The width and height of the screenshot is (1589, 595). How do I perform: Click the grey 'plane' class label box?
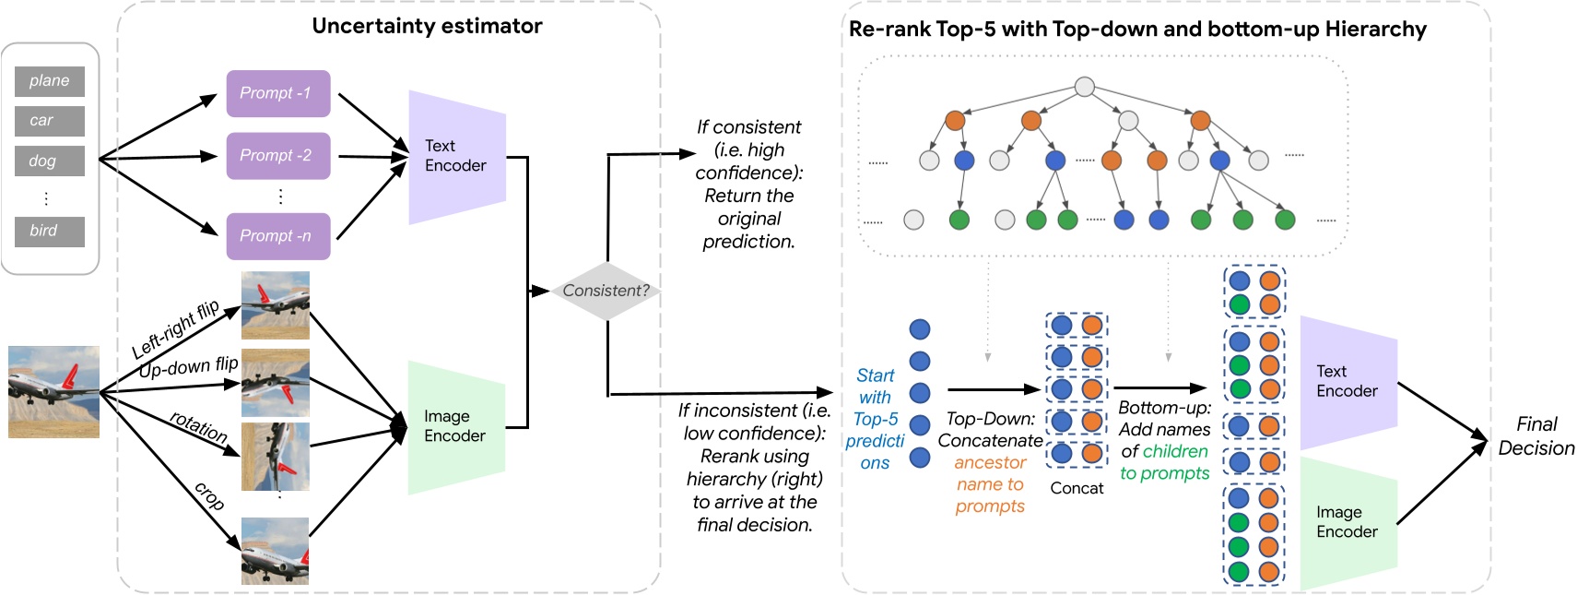click(x=50, y=81)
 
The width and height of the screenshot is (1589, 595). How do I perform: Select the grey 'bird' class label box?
click(x=50, y=232)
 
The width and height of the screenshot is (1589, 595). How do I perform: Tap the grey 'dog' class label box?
click(x=50, y=161)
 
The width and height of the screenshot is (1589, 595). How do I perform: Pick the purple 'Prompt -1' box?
click(x=277, y=93)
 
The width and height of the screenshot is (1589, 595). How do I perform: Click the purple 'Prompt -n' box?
click(x=277, y=236)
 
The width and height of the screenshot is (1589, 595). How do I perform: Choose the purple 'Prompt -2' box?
click(x=277, y=156)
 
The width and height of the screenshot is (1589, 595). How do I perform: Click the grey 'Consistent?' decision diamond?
click(x=606, y=291)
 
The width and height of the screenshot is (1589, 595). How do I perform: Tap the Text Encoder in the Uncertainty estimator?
click(x=456, y=157)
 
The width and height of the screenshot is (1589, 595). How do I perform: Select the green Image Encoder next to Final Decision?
click(x=1348, y=523)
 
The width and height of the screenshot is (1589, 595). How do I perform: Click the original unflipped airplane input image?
click(x=53, y=391)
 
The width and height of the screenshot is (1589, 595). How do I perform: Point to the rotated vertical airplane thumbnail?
click(x=275, y=457)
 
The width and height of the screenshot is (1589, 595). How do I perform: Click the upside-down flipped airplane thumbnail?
click(x=275, y=383)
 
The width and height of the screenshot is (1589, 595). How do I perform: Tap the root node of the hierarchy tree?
click(x=1085, y=87)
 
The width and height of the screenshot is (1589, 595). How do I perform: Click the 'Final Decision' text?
click(x=1536, y=436)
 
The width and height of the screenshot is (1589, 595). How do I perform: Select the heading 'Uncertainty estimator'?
click(x=427, y=26)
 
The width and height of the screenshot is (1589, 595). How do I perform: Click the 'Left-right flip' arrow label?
click(x=175, y=329)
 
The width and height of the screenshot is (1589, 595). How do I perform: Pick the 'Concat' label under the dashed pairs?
click(x=1077, y=488)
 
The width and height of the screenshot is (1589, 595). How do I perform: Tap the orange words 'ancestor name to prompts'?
click(x=990, y=484)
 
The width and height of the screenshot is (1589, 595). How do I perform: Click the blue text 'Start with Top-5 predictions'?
click(x=875, y=419)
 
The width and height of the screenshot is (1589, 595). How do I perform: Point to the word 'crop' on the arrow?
click(x=209, y=496)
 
